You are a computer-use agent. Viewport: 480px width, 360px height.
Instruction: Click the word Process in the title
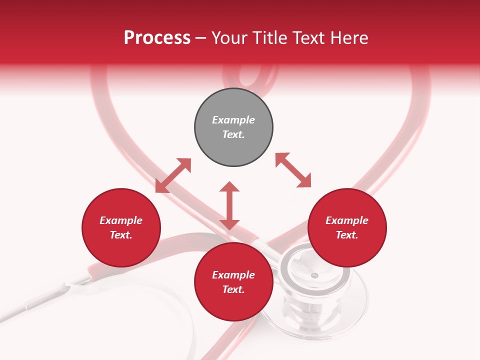click(x=157, y=38)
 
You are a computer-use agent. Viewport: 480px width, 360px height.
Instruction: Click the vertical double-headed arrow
click(x=229, y=205)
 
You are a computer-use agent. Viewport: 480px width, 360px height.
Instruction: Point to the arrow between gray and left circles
click(x=173, y=175)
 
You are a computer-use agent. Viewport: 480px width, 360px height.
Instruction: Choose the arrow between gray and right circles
click(x=293, y=170)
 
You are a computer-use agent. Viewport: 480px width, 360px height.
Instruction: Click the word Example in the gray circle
click(x=233, y=120)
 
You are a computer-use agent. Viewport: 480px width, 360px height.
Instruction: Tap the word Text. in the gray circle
click(x=233, y=134)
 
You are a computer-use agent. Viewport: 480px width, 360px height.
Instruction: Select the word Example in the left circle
click(x=121, y=220)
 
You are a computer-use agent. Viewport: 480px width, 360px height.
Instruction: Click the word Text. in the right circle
click(x=347, y=235)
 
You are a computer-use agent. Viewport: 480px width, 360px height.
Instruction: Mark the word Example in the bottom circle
click(x=233, y=275)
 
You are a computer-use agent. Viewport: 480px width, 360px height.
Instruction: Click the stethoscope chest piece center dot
click(x=314, y=275)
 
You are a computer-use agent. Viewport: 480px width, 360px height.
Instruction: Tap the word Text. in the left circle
click(x=121, y=235)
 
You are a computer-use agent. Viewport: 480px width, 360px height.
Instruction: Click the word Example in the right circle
click(x=347, y=220)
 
